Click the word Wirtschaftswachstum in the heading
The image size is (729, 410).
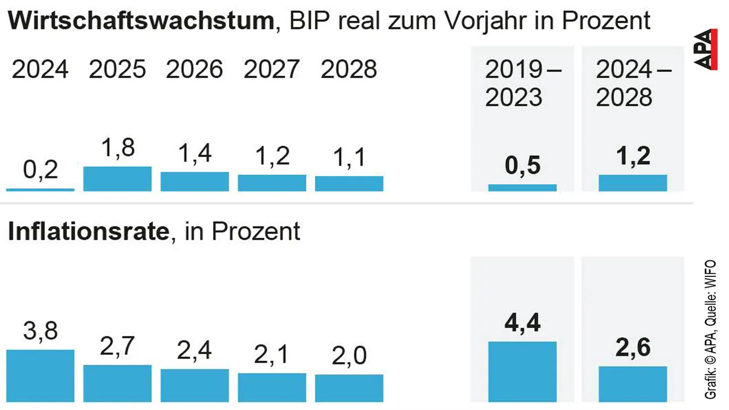[x=141, y=22]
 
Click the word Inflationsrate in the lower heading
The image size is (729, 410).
[x=89, y=232]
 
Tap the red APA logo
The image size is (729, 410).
[x=706, y=49]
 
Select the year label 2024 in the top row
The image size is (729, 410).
[x=40, y=70]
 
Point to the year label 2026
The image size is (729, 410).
[x=194, y=70]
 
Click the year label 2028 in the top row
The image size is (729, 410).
[x=349, y=70]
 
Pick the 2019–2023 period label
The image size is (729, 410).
[x=522, y=84]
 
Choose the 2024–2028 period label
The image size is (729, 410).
[x=633, y=84]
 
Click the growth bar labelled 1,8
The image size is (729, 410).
[x=117, y=179]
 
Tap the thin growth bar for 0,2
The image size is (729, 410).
[x=40, y=189]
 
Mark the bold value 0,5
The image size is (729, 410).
[x=522, y=167]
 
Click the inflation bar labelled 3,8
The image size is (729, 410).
[x=40, y=375]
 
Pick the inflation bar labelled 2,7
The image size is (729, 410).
[x=117, y=383]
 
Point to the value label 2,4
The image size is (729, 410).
[x=194, y=351]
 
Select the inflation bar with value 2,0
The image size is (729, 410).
[x=349, y=388]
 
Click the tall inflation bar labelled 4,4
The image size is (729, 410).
[x=522, y=371]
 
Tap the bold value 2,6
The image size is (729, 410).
[x=633, y=347]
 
